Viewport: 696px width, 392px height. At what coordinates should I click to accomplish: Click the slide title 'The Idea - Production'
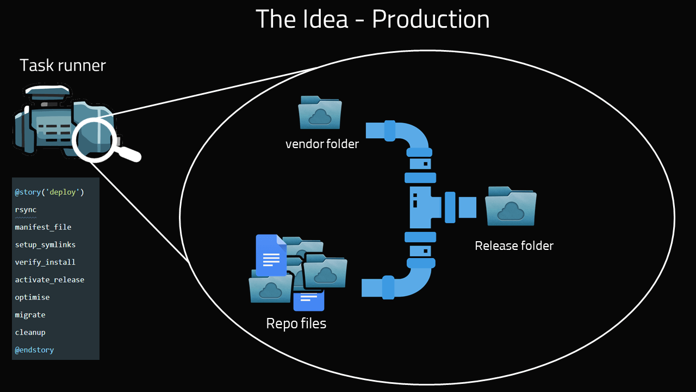(372, 19)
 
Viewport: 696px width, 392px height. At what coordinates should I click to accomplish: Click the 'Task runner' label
(63, 65)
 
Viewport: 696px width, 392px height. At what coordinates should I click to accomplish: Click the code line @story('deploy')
(49, 192)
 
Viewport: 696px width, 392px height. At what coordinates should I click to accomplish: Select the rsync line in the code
(26, 210)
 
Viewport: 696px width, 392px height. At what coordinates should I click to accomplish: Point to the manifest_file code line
(43, 227)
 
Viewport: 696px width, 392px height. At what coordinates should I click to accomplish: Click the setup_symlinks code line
(45, 244)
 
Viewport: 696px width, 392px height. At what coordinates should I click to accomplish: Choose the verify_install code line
(45, 262)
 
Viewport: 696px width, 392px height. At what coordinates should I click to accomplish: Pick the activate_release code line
(49, 279)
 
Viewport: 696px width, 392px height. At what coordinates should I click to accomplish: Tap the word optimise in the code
(32, 297)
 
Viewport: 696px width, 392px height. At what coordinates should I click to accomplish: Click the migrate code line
(30, 315)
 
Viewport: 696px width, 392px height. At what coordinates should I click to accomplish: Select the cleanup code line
(30, 332)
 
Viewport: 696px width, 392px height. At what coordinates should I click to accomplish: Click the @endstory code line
(34, 350)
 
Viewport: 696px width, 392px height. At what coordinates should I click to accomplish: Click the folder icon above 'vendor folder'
(320, 112)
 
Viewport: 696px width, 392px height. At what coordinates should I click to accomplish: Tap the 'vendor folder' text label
(322, 144)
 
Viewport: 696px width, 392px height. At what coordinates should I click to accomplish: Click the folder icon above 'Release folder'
(510, 206)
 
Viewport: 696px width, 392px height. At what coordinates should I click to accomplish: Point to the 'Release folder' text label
(514, 246)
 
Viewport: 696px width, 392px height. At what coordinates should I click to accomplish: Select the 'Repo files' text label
(296, 323)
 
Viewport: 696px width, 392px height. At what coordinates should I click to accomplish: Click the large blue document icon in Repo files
(271, 255)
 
